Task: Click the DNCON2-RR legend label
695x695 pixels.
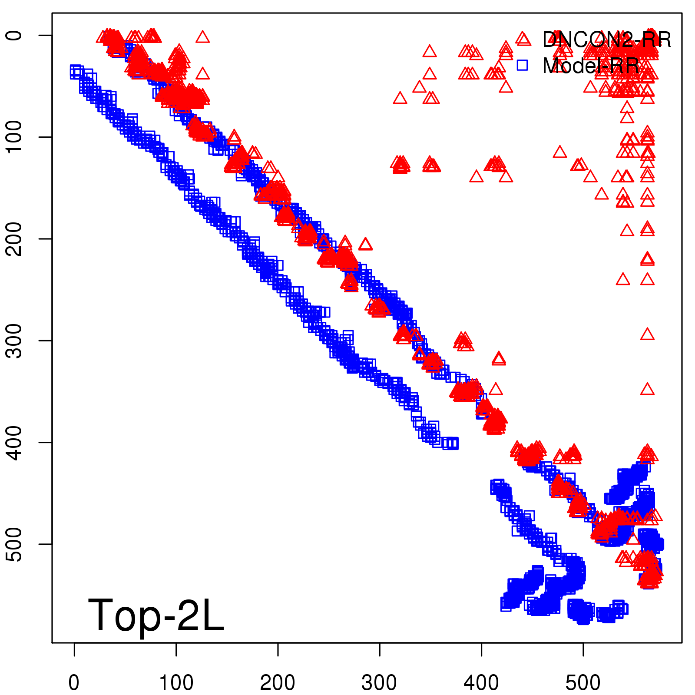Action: click(x=606, y=40)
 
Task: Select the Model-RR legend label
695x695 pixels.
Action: click(x=591, y=66)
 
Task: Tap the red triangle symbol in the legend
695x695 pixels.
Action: click(x=523, y=39)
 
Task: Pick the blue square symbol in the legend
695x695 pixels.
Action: click(x=522, y=66)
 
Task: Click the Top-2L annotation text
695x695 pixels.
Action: click(x=156, y=615)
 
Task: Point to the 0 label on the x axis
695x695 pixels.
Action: click(x=74, y=683)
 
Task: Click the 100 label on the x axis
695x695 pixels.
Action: click(x=176, y=683)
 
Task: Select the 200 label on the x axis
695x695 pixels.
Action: click(x=278, y=683)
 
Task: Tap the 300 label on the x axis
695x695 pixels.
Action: click(x=379, y=683)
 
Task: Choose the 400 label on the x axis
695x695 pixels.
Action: click(x=481, y=683)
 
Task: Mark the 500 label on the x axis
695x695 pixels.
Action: click(x=583, y=683)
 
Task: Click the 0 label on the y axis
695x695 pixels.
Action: click(x=15, y=35)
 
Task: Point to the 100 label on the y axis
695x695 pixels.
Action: click(x=15, y=137)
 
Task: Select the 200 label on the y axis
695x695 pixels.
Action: click(x=15, y=238)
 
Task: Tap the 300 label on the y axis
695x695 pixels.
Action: click(x=15, y=341)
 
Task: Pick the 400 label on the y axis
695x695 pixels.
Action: click(x=15, y=442)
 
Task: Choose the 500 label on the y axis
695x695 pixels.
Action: click(x=15, y=544)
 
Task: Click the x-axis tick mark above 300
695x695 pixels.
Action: click(x=380, y=649)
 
